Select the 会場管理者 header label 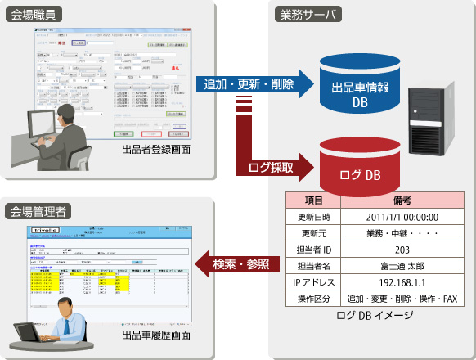pos(40,211)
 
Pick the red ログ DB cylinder pos(359,164)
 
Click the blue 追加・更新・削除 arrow pos(256,83)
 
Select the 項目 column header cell pos(312,200)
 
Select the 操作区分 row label pos(312,299)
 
